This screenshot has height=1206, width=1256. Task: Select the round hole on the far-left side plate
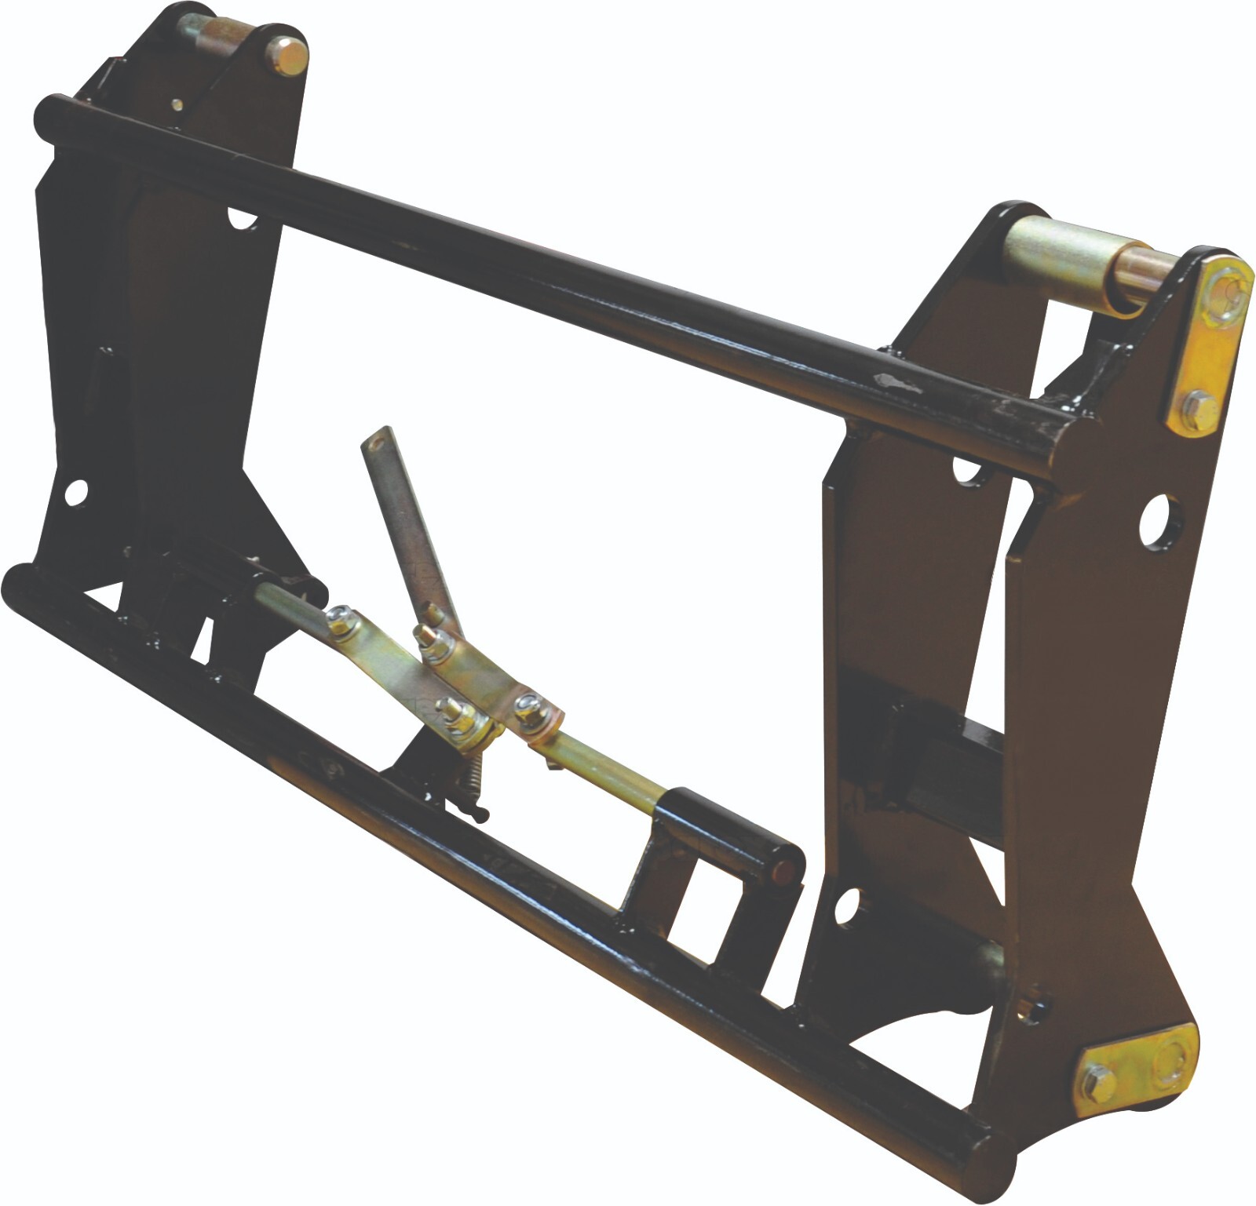75,492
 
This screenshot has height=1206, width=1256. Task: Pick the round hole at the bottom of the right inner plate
848,907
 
